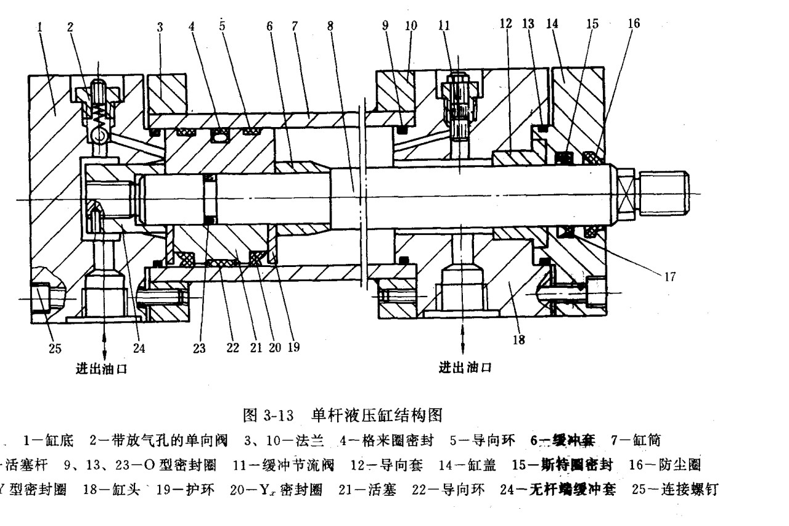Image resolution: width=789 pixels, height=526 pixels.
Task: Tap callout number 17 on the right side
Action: [x=671, y=277]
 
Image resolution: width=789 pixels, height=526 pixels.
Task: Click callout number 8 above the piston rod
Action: [x=330, y=26]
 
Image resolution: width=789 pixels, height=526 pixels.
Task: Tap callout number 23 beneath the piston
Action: [x=198, y=347]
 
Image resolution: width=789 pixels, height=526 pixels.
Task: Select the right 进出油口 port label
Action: [x=465, y=369]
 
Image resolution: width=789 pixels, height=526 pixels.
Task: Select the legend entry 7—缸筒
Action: [x=636, y=440]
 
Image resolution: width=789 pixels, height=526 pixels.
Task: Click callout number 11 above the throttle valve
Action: [x=443, y=26]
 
